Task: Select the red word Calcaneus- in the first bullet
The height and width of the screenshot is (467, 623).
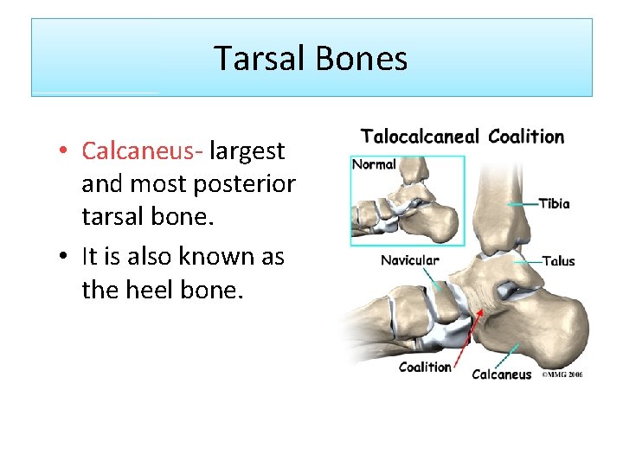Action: (x=142, y=150)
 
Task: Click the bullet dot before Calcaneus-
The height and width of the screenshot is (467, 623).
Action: (x=64, y=152)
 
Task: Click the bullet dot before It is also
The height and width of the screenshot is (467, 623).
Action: (x=64, y=258)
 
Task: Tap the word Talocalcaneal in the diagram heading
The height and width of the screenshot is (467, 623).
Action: (x=420, y=137)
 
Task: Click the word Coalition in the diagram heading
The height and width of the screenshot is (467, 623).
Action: (x=526, y=137)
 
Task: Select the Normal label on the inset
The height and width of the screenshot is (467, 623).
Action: (x=374, y=164)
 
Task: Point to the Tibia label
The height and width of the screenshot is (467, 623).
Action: (x=555, y=204)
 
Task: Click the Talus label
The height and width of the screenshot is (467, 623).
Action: (x=558, y=260)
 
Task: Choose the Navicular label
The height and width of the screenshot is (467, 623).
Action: (x=410, y=259)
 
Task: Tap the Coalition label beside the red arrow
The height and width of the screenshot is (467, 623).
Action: (x=425, y=367)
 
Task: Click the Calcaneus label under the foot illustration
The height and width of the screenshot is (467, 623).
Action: (x=502, y=374)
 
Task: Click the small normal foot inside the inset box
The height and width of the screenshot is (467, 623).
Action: (x=407, y=208)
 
